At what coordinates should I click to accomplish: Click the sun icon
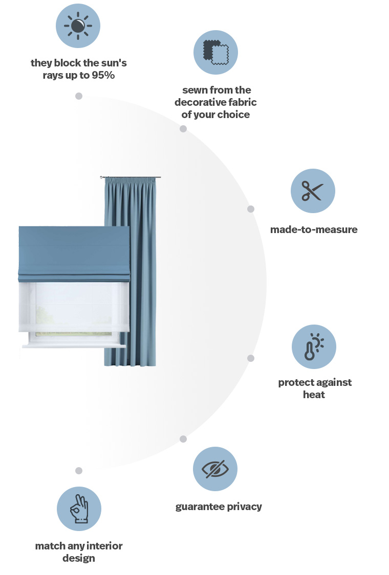(78, 26)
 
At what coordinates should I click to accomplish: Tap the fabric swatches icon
(215, 53)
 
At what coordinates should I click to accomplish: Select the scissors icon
(313, 191)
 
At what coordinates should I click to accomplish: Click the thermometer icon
(314, 347)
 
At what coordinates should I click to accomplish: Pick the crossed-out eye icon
(215, 469)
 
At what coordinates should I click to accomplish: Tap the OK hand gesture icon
(79, 509)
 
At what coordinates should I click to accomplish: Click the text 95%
(103, 75)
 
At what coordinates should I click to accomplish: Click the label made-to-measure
(314, 229)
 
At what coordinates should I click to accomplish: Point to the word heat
(314, 395)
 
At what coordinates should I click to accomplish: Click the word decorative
(198, 102)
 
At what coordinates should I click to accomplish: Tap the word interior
(104, 546)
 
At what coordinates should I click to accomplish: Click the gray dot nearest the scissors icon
(251, 209)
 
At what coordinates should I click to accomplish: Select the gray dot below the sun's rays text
(79, 96)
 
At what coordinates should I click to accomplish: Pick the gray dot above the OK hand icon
(79, 471)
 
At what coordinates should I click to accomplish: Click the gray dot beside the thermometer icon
(251, 358)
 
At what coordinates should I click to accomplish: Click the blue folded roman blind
(74, 254)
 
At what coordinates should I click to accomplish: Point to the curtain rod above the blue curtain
(131, 177)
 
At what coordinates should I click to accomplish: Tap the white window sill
(74, 345)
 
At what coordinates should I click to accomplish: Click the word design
(79, 559)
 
